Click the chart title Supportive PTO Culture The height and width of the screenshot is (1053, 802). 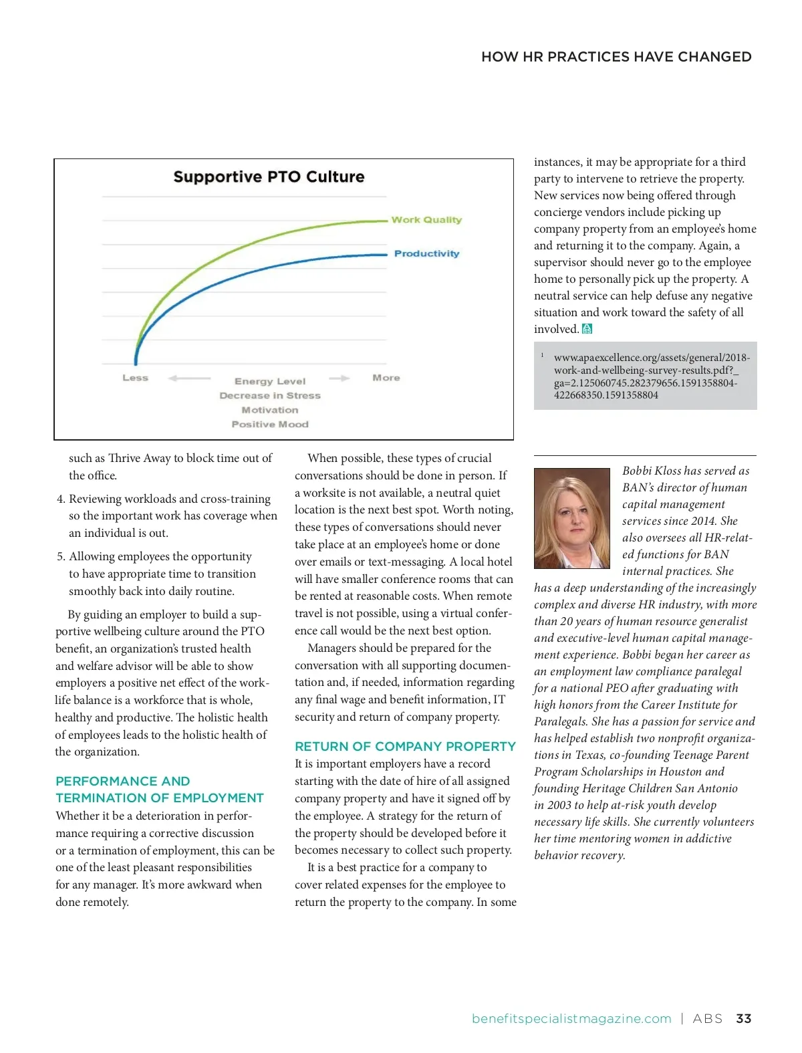(269, 177)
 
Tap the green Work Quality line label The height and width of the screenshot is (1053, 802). (426, 220)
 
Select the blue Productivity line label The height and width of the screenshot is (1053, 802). (426, 254)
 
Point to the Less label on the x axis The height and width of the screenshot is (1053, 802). (135, 378)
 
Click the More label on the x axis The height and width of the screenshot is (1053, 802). (386, 378)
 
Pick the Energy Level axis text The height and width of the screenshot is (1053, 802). (270, 381)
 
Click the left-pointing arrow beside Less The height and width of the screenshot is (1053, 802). (189, 378)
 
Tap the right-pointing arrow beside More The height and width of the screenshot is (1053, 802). (340, 378)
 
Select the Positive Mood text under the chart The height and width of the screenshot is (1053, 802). (270, 425)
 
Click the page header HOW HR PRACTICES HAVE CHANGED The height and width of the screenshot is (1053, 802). (616, 57)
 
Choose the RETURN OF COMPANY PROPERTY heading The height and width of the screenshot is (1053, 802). (405, 746)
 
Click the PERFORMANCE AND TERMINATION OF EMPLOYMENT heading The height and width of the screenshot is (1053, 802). (160, 790)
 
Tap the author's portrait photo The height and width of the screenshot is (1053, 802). (572, 518)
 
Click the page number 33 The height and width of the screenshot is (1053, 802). (743, 1019)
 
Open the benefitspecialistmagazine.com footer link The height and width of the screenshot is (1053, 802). (571, 1019)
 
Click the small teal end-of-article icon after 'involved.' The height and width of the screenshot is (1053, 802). (587, 329)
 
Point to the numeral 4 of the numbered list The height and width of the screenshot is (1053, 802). (60, 499)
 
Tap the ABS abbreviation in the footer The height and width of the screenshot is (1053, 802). (708, 1019)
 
